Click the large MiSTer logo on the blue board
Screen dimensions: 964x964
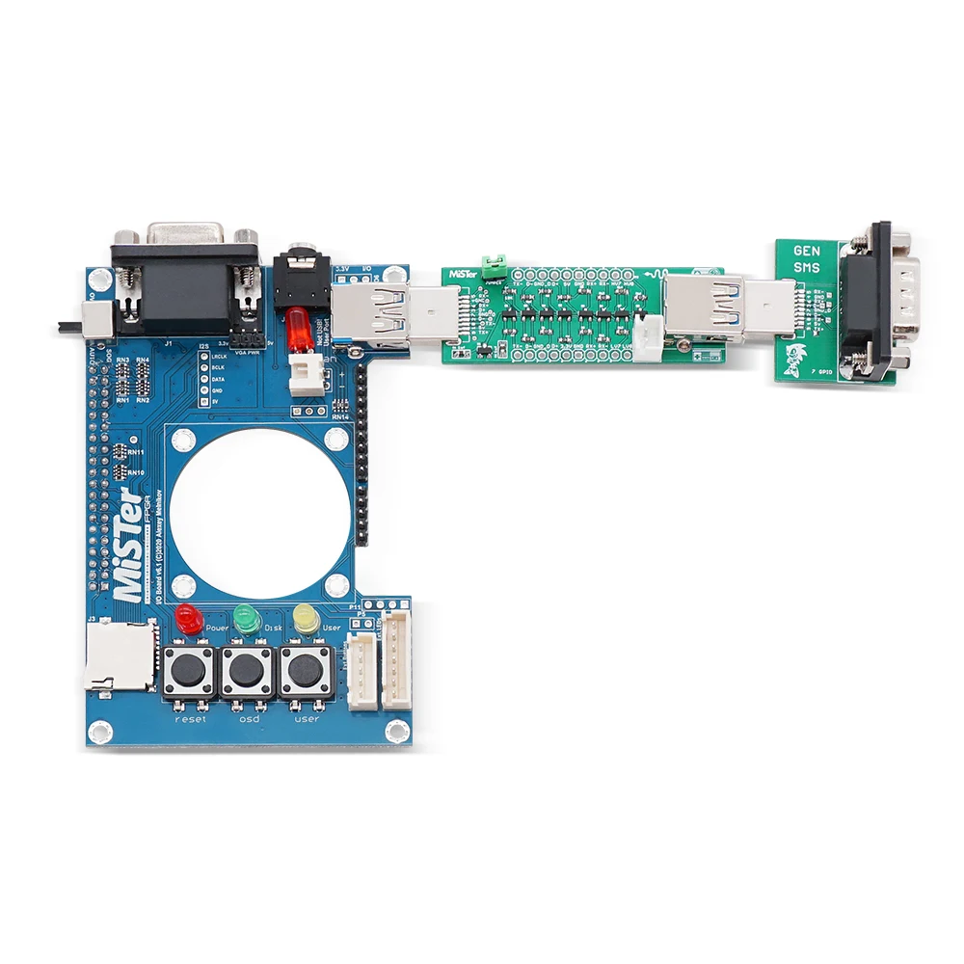click(129, 546)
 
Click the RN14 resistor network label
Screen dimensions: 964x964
click(339, 417)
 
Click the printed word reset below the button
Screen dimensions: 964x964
click(190, 719)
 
